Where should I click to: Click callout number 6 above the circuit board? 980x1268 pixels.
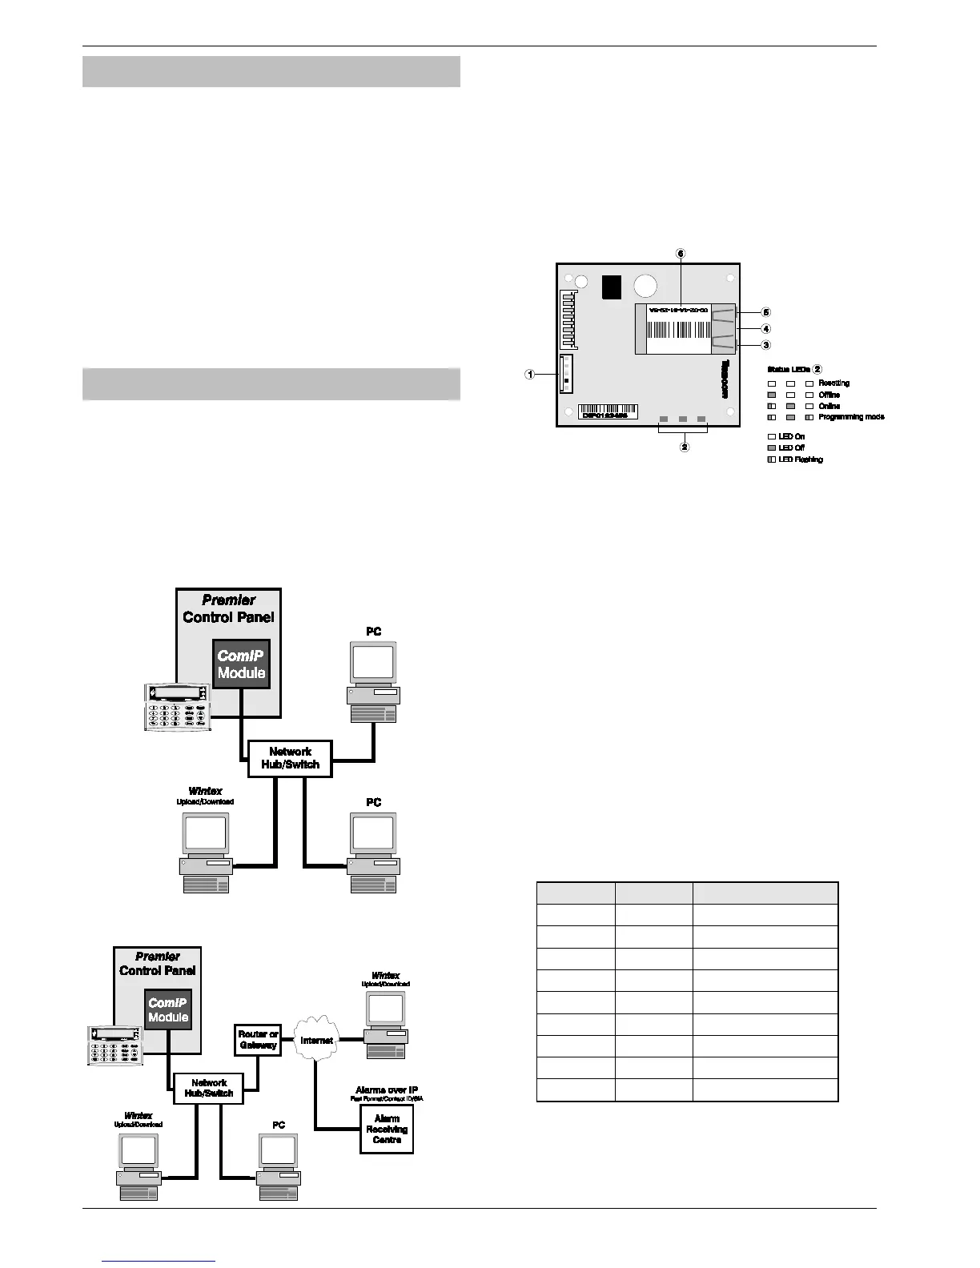pyautogui.click(x=681, y=253)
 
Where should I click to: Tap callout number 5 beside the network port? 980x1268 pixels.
pyautogui.click(x=766, y=311)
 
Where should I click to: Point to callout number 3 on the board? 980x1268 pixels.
pyautogui.click(x=766, y=345)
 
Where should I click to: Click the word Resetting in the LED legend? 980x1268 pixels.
pyautogui.click(x=833, y=383)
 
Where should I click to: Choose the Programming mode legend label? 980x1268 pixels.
pyautogui.click(x=851, y=417)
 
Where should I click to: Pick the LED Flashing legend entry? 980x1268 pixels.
pyautogui.click(x=801, y=459)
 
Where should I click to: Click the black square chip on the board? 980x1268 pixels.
pyautogui.click(x=612, y=287)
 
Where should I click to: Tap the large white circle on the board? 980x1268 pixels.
pyautogui.click(x=645, y=287)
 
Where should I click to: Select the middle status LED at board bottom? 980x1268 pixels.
pyautogui.click(x=683, y=419)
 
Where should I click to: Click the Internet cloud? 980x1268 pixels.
pyautogui.click(x=317, y=1040)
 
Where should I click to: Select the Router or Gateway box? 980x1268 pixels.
pyautogui.click(x=258, y=1039)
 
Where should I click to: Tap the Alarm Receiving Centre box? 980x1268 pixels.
pyautogui.click(x=387, y=1129)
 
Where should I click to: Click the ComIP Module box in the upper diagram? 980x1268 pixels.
pyautogui.click(x=241, y=664)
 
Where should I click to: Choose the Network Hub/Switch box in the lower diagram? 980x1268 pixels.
pyautogui.click(x=208, y=1088)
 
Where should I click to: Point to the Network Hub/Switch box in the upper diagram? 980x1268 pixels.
pyautogui.click(x=290, y=757)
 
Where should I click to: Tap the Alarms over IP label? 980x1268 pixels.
pyautogui.click(x=387, y=1090)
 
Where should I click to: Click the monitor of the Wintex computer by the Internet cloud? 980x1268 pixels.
pyautogui.click(x=385, y=1010)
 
